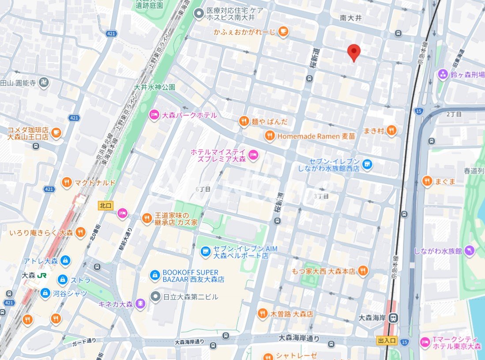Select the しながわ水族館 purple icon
470,250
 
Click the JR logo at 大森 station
43,275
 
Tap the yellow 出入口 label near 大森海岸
387,341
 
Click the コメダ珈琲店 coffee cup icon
56,132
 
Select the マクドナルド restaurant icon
67,182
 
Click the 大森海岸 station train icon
395,318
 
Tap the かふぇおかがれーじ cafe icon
283,31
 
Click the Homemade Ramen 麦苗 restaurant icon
270,136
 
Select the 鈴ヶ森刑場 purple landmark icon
443,74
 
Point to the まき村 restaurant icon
391,130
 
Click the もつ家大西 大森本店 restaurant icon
363,271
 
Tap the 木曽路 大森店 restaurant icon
263,314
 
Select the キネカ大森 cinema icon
140,304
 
